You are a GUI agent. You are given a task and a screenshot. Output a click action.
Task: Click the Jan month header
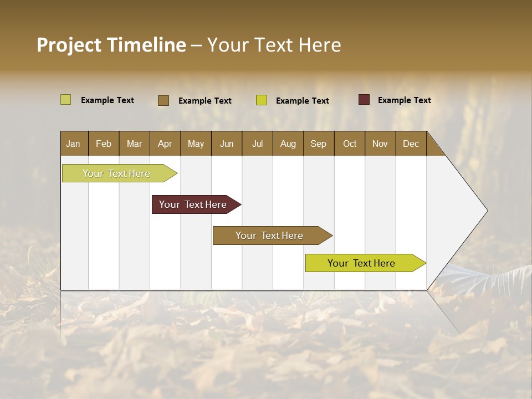[73, 144]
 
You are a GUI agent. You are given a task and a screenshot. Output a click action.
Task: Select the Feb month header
[104, 144]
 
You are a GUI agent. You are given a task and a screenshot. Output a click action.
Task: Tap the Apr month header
[165, 144]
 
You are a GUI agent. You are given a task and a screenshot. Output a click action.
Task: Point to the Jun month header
[227, 144]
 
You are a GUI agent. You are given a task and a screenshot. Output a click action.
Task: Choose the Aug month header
[288, 144]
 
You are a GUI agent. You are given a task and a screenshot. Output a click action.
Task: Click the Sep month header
[318, 144]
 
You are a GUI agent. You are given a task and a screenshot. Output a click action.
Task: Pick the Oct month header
[350, 144]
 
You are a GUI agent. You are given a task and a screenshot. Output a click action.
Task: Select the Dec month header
[411, 144]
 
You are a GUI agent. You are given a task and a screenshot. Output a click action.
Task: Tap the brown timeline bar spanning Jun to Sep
[270, 236]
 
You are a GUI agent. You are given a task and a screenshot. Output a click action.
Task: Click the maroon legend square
[364, 100]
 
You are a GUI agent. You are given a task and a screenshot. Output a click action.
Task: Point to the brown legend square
[163, 100]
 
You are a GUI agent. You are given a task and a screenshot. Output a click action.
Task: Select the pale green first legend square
[66, 100]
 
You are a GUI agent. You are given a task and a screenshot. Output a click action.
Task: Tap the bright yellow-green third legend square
[262, 100]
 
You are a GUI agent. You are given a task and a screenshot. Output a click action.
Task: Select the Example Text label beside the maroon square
[404, 100]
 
